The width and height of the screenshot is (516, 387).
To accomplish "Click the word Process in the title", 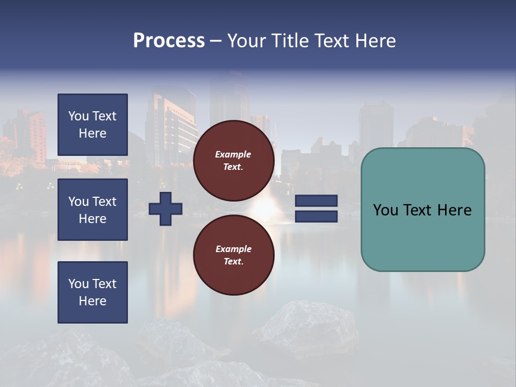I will click(x=169, y=41).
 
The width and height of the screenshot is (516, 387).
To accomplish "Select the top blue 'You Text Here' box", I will click(x=92, y=125).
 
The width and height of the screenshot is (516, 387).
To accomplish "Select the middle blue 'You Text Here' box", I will click(x=92, y=210).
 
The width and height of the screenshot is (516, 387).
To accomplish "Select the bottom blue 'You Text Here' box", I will click(x=92, y=292).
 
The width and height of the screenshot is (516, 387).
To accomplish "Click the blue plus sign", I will click(x=166, y=209).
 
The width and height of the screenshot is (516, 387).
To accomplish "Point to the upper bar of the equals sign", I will click(x=317, y=201).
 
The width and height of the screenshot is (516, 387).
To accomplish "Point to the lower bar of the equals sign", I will click(x=317, y=217).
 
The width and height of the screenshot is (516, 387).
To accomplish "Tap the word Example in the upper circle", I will click(x=233, y=154).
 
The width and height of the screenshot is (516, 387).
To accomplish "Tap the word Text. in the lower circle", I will click(x=233, y=262).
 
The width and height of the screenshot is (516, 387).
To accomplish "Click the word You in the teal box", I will click(x=386, y=210).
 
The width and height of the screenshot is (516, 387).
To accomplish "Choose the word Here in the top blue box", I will click(x=92, y=133).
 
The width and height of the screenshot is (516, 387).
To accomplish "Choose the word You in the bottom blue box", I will click(x=78, y=284).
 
